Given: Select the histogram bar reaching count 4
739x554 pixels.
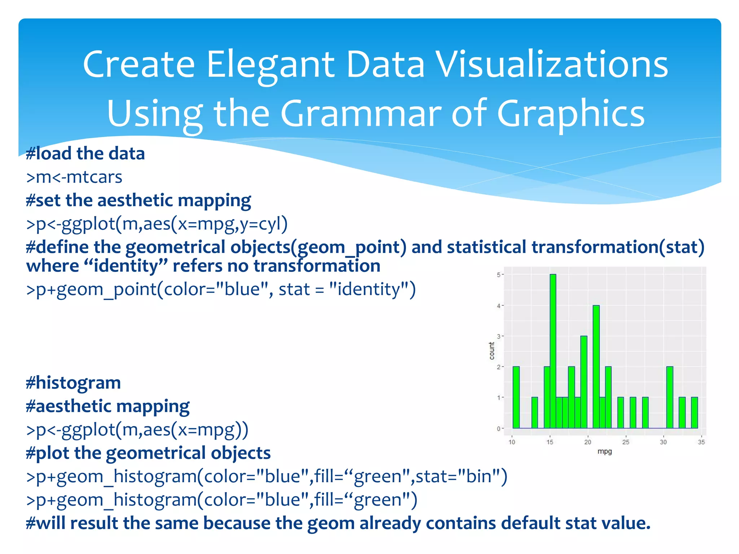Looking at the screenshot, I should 596,366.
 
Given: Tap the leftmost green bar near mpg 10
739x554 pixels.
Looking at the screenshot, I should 516,397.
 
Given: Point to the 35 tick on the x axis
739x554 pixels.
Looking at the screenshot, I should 701,442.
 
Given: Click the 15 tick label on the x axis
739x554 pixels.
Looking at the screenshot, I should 550,442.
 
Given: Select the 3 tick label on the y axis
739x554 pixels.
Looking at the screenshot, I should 498,336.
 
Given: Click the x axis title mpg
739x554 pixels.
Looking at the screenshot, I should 604,451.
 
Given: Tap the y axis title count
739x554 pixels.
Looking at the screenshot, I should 491,351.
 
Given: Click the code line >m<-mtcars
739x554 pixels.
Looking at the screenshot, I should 74,177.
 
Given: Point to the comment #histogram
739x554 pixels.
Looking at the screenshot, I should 73,382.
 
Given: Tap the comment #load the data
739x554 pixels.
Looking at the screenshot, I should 85,153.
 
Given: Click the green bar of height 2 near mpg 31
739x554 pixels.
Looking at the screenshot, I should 670,397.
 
